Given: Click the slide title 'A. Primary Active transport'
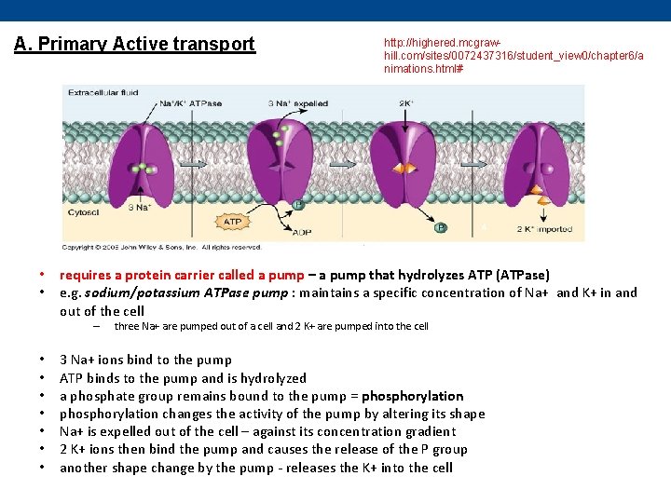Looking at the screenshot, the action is [134, 44].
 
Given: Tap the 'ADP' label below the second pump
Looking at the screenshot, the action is [302, 232].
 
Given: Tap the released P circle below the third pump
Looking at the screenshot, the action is [440, 226].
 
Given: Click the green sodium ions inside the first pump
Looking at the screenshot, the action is [144, 170].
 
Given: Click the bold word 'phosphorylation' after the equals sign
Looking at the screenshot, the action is [413, 396].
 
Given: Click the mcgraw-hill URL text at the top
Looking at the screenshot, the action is [514, 56].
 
